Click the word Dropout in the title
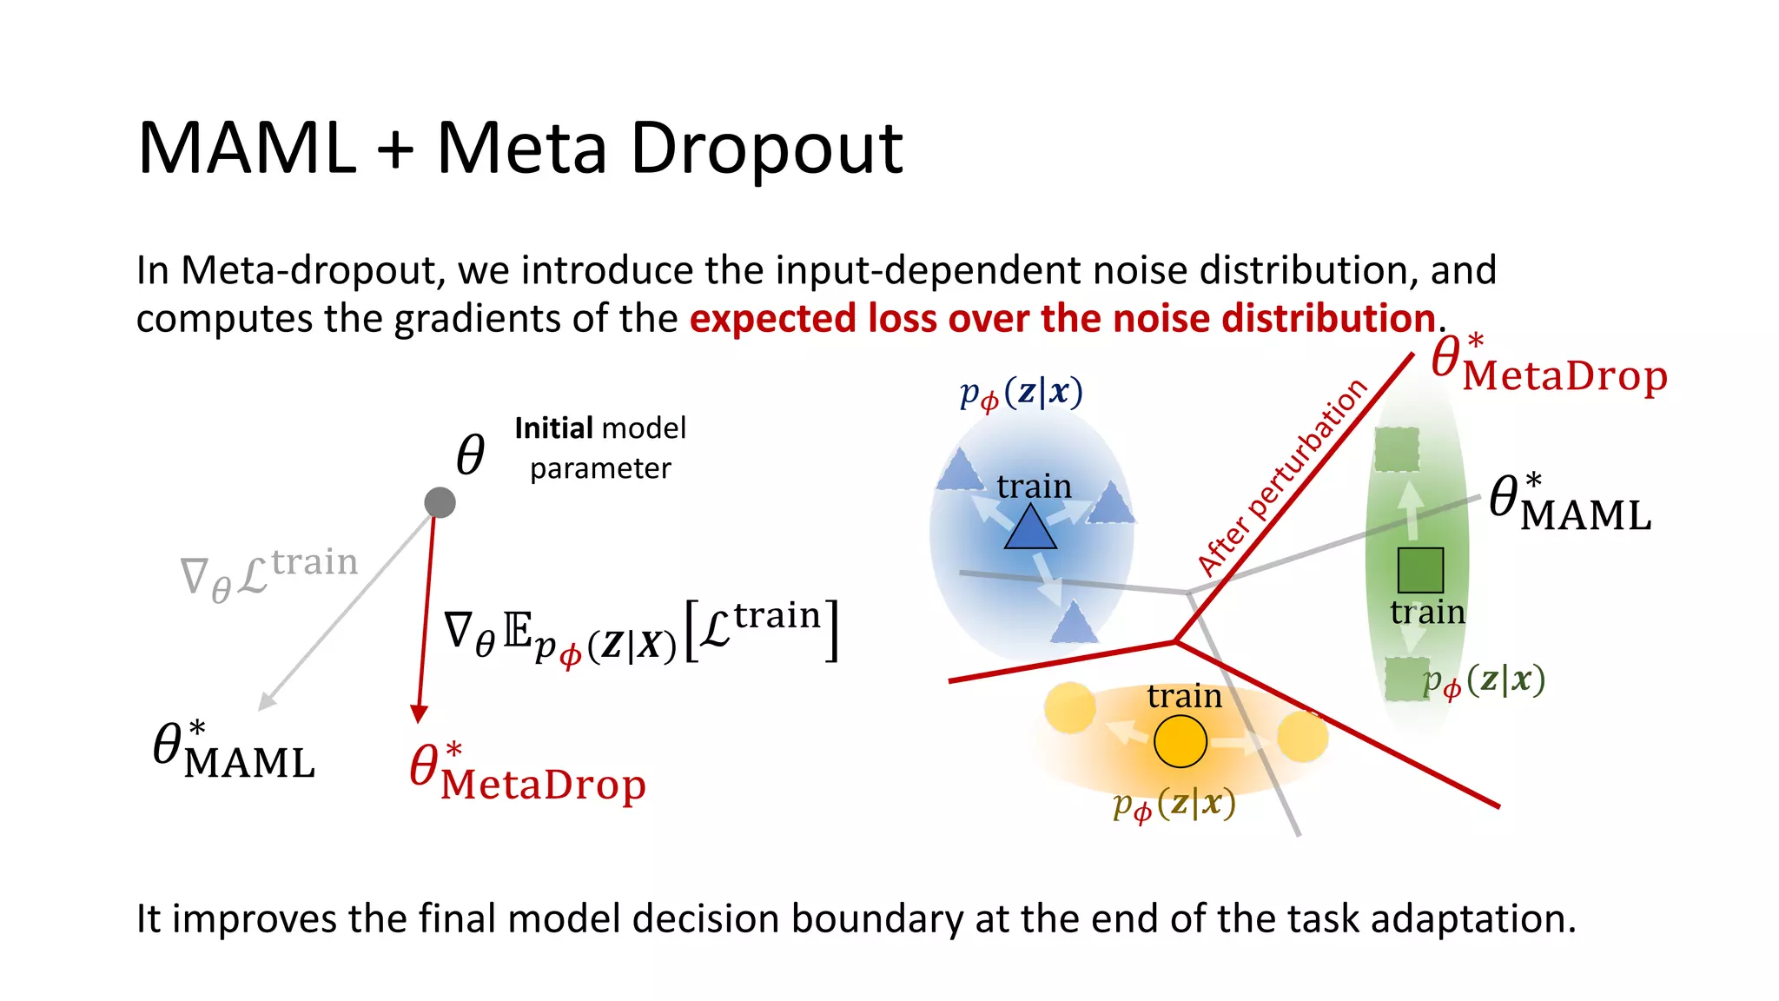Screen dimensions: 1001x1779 pos(766,149)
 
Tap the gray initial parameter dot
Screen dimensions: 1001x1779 pos(440,502)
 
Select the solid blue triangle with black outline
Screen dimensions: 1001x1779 pos(1030,528)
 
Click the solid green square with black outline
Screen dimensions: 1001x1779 pos(1420,570)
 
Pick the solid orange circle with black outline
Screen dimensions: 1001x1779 pos(1180,741)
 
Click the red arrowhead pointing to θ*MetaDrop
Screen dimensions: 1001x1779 pos(419,713)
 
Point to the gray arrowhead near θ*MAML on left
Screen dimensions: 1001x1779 pos(268,701)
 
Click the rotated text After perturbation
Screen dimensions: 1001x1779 pos(1281,478)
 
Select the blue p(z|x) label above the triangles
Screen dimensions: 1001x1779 pos(1021,394)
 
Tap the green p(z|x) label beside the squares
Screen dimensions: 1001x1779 pos(1484,680)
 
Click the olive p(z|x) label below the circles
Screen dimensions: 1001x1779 pos(1174,805)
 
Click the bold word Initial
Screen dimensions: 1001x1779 pos(552,428)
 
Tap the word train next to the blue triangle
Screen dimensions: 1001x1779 pos(1034,487)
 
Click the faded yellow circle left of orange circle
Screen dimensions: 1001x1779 pos(1069,708)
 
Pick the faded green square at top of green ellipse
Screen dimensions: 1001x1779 pos(1397,449)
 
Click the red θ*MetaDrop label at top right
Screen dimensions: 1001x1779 pos(1549,365)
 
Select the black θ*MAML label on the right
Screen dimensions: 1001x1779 pos(1569,504)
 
